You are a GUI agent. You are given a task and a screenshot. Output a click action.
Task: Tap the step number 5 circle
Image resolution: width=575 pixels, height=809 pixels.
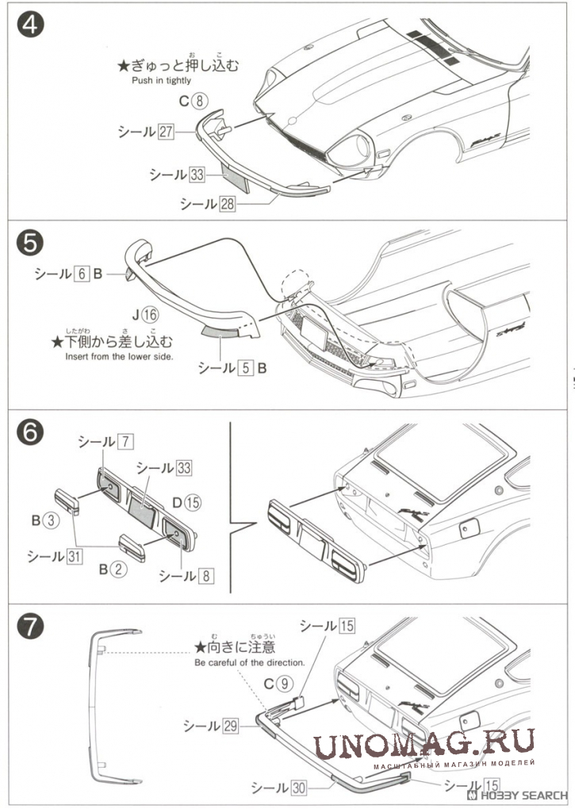(29, 243)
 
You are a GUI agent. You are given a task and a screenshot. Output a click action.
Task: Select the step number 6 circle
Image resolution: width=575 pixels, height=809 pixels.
(29, 434)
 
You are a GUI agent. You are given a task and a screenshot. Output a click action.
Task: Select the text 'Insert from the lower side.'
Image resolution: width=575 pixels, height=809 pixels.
(119, 357)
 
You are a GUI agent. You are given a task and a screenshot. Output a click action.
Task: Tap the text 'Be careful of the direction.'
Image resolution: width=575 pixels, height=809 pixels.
(249, 661)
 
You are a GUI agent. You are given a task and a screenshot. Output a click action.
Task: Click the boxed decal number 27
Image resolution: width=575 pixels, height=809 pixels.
(165, 132)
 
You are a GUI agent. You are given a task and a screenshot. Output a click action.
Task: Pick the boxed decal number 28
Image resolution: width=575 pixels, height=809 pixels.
(228, 204)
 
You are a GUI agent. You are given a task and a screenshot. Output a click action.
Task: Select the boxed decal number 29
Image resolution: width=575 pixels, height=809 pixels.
(230, 725)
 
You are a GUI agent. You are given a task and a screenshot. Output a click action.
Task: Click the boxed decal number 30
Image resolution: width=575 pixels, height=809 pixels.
(298, 788)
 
